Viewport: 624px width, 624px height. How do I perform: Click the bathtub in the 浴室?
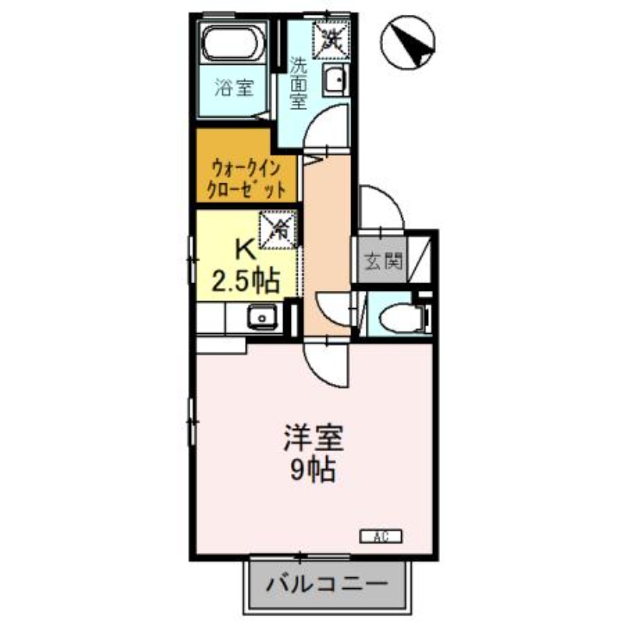[x=233, y=44]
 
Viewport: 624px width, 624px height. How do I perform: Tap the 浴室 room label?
[x=235, y=87]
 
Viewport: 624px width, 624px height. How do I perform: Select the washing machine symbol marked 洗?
[x=331, y=40]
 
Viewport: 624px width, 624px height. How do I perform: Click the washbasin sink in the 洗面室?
[x=336, y=80]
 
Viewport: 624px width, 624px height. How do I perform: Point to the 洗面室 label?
[x=298, y=83]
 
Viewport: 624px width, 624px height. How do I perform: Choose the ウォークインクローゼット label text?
[x=246, y=179]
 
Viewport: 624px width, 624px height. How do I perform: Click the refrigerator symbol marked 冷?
[x=278, y=229]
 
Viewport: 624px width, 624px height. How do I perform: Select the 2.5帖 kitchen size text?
[x=245, y=281]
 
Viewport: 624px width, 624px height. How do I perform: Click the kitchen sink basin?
[x=262, y=317]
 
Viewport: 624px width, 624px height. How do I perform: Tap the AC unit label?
[x=381, y=537]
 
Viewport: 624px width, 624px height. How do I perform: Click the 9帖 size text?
[x=313, y=471]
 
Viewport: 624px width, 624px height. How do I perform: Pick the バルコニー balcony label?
[x=327, y=584]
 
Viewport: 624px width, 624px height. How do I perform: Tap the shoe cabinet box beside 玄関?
[x=419, y=260]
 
